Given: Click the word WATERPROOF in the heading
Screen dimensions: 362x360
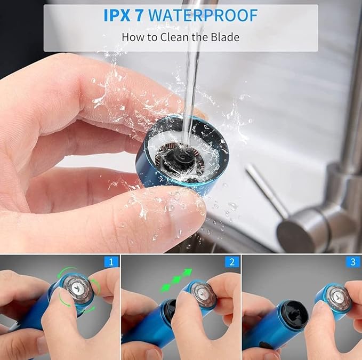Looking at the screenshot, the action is click(x=203, y=15).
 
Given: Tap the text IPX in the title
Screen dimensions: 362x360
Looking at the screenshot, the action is click(x=117, y=15).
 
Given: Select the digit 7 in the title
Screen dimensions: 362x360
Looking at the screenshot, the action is click(x=139, y=15).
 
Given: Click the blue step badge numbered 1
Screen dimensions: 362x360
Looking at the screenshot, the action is click(x=111, y=262).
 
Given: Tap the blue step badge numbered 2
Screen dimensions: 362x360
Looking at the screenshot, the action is click(x=232, y=262).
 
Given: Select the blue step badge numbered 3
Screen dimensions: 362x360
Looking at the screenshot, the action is click(x=353, y=262).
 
